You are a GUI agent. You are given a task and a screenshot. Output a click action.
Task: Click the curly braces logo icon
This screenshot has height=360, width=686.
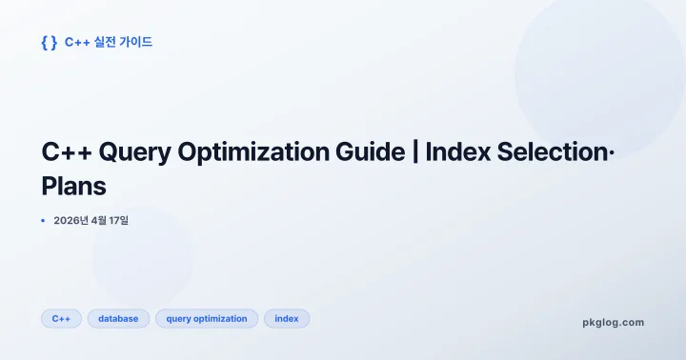pyautogui.click(x=50, y=42)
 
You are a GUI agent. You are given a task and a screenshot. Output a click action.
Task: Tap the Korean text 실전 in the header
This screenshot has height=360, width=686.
pyautogui.click(x=102, y=42)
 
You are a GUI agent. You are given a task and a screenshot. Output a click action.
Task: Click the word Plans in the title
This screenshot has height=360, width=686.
pyautogui.click(x=74, y=187)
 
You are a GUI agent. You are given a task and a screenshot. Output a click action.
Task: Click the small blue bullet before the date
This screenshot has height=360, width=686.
pyautogui.click(x=43, y=221)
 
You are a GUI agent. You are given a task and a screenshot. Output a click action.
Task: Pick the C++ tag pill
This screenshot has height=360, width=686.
pyautogui.click(x=61, y=319)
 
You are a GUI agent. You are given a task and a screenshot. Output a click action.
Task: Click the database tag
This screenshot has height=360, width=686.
pyautogui.click(x=118, y=319)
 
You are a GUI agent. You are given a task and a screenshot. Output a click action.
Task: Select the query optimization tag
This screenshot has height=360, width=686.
pyautogui.click(x=206, y=319)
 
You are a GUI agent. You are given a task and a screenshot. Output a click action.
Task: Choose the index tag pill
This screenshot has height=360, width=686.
pyautogui.click(x=287, y=319)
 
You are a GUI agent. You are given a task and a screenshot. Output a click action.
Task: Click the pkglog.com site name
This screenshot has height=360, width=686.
pyautogui.click(x=613, y=322)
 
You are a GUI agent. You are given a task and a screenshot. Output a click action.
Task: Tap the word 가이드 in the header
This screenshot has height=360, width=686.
pyautogui.click(x=136, y=42)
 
